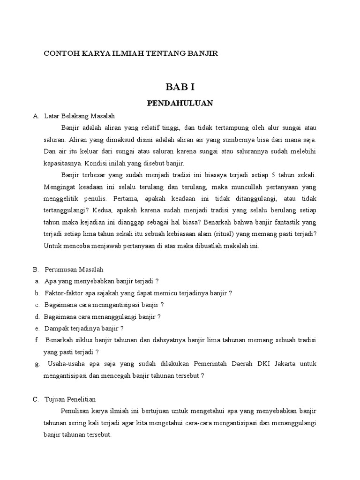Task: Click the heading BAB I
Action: click(x=180, y=87)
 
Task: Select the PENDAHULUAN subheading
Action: click(x=180, y=103)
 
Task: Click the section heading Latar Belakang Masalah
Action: click(x=79, y=116)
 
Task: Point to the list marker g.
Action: click(x=36, y=364)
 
